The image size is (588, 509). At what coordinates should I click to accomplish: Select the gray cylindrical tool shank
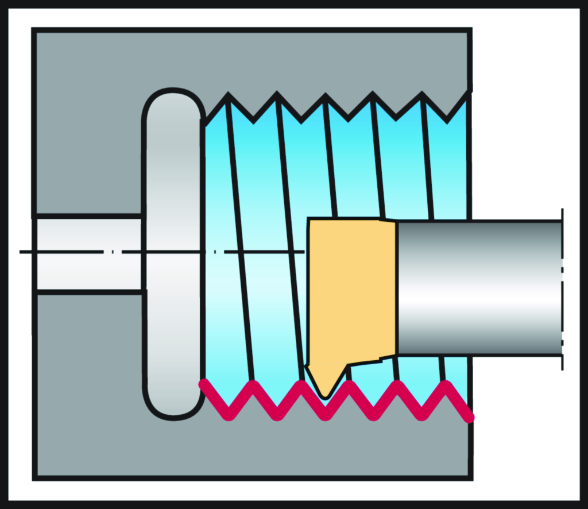(x=479, y=287)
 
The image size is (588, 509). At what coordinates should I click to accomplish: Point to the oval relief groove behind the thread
(x=173, y=253)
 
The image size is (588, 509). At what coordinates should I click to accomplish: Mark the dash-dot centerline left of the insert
(x=172, y=252)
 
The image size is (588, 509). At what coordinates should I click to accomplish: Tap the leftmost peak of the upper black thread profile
(x=229, y=95)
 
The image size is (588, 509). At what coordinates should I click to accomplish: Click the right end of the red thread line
(x=470, y=418)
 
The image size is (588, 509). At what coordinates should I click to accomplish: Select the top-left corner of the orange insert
(x=310, y=220)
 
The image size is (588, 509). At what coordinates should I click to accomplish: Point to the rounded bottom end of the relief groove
(x=173, y=415)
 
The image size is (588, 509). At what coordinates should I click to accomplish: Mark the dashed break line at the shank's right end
(x=562, y=287)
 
